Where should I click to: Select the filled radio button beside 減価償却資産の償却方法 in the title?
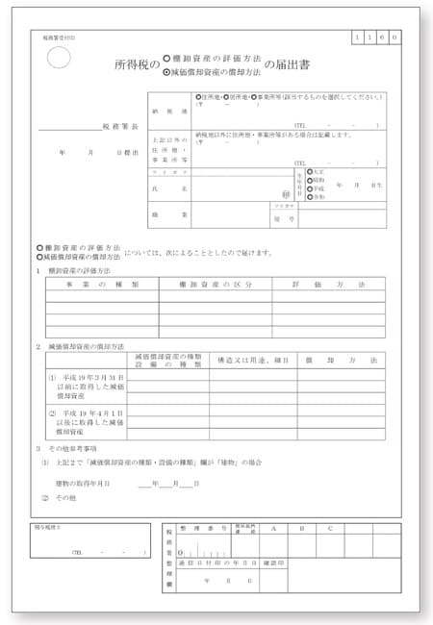pos(167,72)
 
